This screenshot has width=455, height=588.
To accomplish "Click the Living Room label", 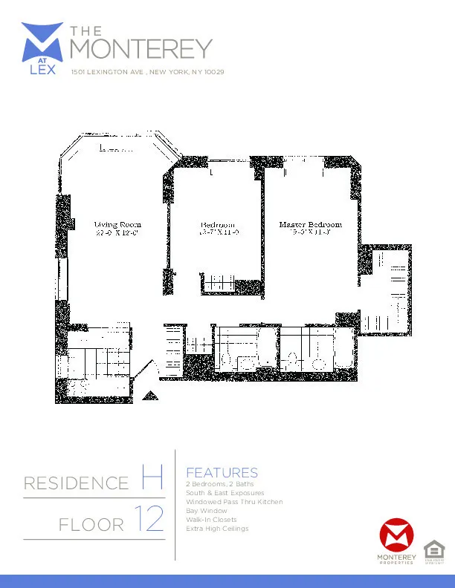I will tap(117, 224).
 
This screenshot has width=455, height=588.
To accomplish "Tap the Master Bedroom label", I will tap(310, 224).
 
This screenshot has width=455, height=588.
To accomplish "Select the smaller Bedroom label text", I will tap(217, 225).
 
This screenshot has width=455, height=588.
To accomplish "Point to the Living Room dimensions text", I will tap(117, 233).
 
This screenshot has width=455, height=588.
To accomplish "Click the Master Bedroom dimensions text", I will tap(310, 233).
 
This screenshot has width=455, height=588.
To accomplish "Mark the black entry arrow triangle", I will tap(150, 396).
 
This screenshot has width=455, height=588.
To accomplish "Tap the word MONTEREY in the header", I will tap(141, 49).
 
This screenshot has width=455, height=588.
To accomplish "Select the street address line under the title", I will tap(147, 73).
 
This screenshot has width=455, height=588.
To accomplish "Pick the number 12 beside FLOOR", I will tap(149, 520).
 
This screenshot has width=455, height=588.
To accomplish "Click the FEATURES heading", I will tap(222, 473).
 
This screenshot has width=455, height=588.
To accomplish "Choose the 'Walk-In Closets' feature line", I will tap(211, 520).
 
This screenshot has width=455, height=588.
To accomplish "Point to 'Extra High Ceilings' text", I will tap(217, 529).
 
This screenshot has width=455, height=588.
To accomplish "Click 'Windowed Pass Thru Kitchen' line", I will tap(234, 502).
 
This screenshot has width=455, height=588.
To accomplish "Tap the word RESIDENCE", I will tap(76, 484).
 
